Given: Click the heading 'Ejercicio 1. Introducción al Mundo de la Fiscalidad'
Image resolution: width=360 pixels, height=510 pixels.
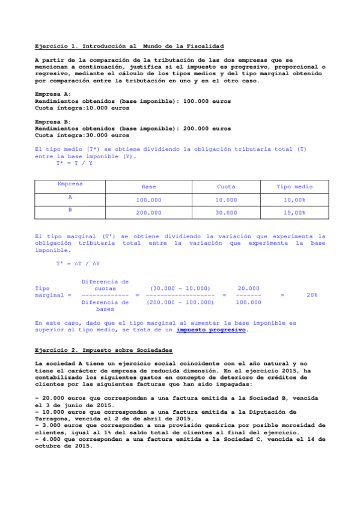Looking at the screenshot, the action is [129, 46].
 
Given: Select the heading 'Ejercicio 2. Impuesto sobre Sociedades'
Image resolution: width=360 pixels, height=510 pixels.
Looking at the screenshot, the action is [104, 350].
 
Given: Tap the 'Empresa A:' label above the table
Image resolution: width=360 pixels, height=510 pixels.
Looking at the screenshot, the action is [53, 94].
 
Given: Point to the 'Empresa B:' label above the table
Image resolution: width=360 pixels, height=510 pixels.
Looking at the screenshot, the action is [53, 121].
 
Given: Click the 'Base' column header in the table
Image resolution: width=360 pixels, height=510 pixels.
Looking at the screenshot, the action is [148, 187].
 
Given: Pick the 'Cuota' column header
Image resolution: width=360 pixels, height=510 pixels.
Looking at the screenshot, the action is [226, 187].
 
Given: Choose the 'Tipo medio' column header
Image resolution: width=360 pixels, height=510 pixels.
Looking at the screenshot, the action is [294, 187].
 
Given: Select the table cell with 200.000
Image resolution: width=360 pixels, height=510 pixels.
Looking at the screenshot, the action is [148, 213].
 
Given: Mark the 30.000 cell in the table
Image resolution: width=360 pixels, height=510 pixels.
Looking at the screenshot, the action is [226, 213].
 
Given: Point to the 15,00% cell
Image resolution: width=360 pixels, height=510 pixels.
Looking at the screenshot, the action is [294, 213].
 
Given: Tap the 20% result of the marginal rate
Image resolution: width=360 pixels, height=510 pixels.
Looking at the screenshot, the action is [312, 295].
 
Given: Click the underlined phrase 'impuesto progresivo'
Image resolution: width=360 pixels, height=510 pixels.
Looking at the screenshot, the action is [211, 330].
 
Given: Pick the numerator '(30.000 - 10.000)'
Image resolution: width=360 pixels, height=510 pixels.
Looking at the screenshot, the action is [180, 289].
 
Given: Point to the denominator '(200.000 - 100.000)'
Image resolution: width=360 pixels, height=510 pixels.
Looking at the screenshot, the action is [180, 303].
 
